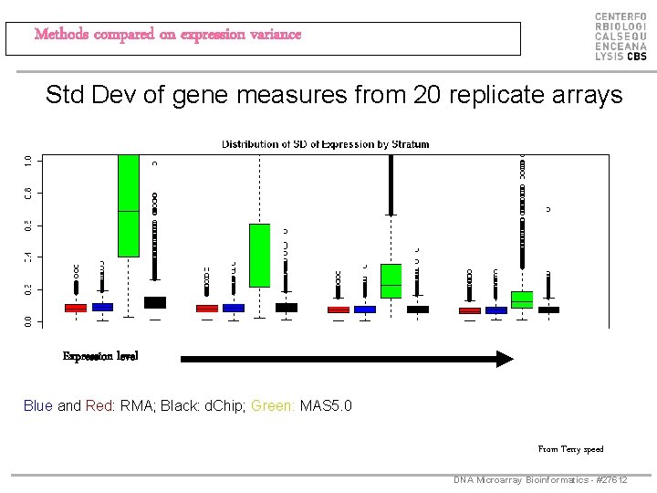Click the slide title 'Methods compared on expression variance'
coord(167,35)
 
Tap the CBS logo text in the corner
coord(620,37)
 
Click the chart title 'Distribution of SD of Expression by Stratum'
coord(325,144)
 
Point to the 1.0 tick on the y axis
coord(28,160)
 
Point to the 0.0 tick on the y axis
coord(28,320)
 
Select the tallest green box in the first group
coord(129,205)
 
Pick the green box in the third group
coord(391,280)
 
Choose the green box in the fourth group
coord(522,299)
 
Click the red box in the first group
coord(76,309)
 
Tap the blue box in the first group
coord(102,308)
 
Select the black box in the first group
coord(155,302)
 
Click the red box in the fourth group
coord(470,310)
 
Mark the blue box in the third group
coord(365,309)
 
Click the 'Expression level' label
coord(100,356)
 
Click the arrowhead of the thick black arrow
coord(504,359)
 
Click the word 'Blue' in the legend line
coord(38,405)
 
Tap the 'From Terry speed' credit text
coord(570,448)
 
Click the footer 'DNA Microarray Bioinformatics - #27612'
coord(540,479)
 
